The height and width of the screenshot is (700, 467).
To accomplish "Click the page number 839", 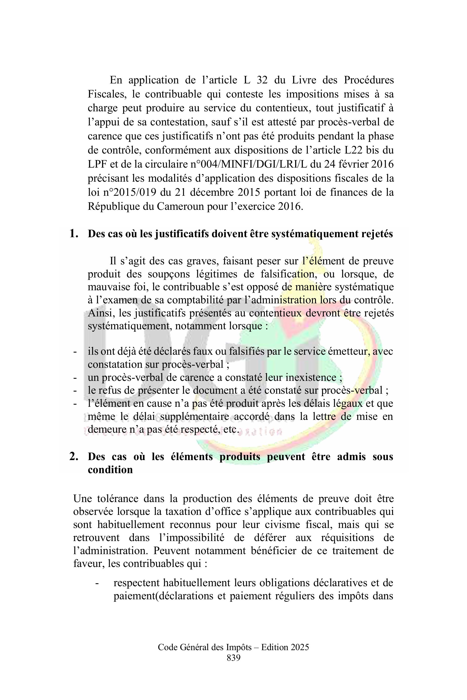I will click(233, 658).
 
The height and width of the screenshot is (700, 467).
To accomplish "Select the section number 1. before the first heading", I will click(74, 234).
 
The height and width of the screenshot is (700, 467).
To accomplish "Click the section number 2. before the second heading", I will click(74, 457).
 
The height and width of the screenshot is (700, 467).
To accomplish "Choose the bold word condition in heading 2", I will click(110, 470).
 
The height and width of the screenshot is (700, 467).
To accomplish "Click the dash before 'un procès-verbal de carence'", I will click(75, 378).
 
